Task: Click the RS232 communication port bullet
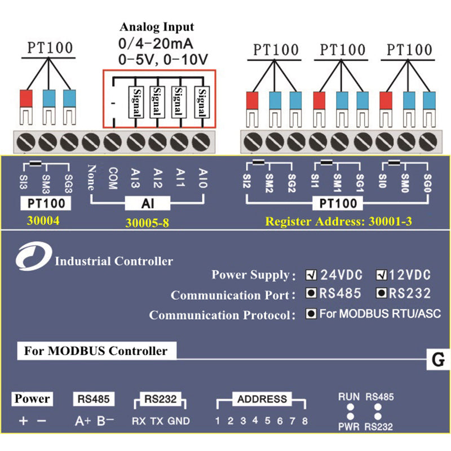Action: [381, 294]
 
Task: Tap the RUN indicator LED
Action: [350, 406]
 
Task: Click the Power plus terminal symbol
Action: [23, 421]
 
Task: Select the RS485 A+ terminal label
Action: [82, 421]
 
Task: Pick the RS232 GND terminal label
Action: [179, 421]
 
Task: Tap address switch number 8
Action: [304, 421]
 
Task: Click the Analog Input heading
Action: [157, 26]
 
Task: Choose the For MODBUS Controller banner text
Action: [95, 351]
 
